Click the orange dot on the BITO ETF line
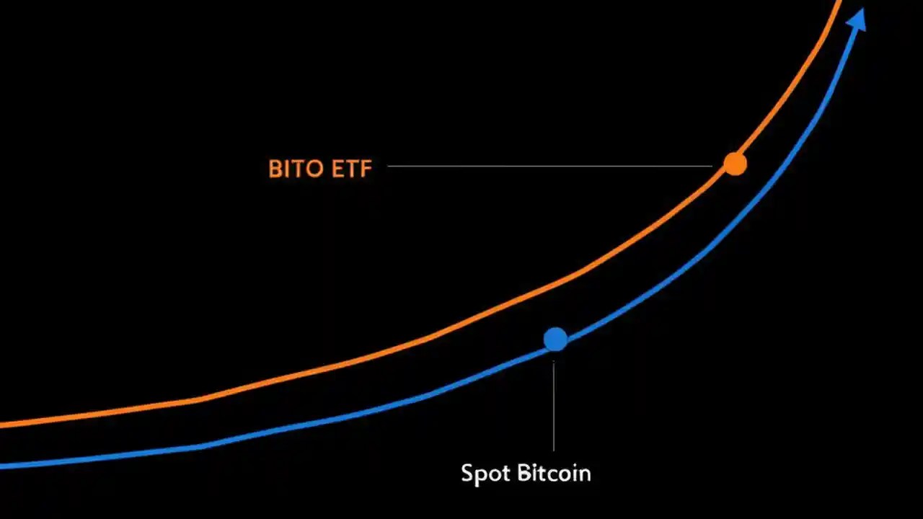735,164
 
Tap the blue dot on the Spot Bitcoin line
555,339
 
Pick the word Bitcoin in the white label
554,473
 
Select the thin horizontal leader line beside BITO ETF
548,166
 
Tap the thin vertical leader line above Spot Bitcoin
554,404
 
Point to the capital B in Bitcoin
524,473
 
